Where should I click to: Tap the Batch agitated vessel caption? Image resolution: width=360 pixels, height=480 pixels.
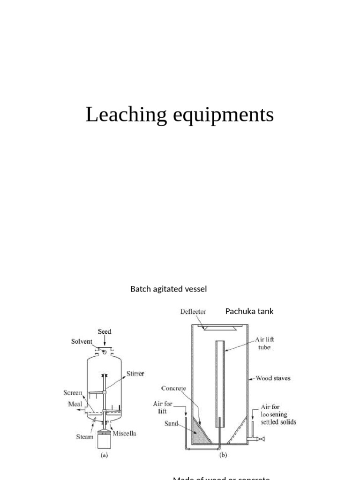click(x=168, y=289)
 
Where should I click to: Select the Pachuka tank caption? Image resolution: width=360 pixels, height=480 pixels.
click(x=249, y=311)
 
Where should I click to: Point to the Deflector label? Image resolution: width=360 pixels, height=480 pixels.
click(x=194, y=311)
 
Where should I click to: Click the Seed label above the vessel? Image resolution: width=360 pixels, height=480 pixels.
click(x=105, y=331)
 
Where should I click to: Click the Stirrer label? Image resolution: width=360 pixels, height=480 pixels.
click(x=135, y=374)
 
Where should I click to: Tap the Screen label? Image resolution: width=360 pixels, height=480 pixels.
click(x=73, y=393)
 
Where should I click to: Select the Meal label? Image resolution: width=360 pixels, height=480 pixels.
click(x=75, y=404)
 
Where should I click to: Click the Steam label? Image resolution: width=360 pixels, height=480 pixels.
click(x=85, y=437)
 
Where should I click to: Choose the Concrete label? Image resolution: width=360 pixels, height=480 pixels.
click(x=173, y=388)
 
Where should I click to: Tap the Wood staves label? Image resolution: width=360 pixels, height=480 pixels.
click(x=273, y=378)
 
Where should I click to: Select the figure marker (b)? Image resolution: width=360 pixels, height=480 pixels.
click(x=223, y=454)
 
